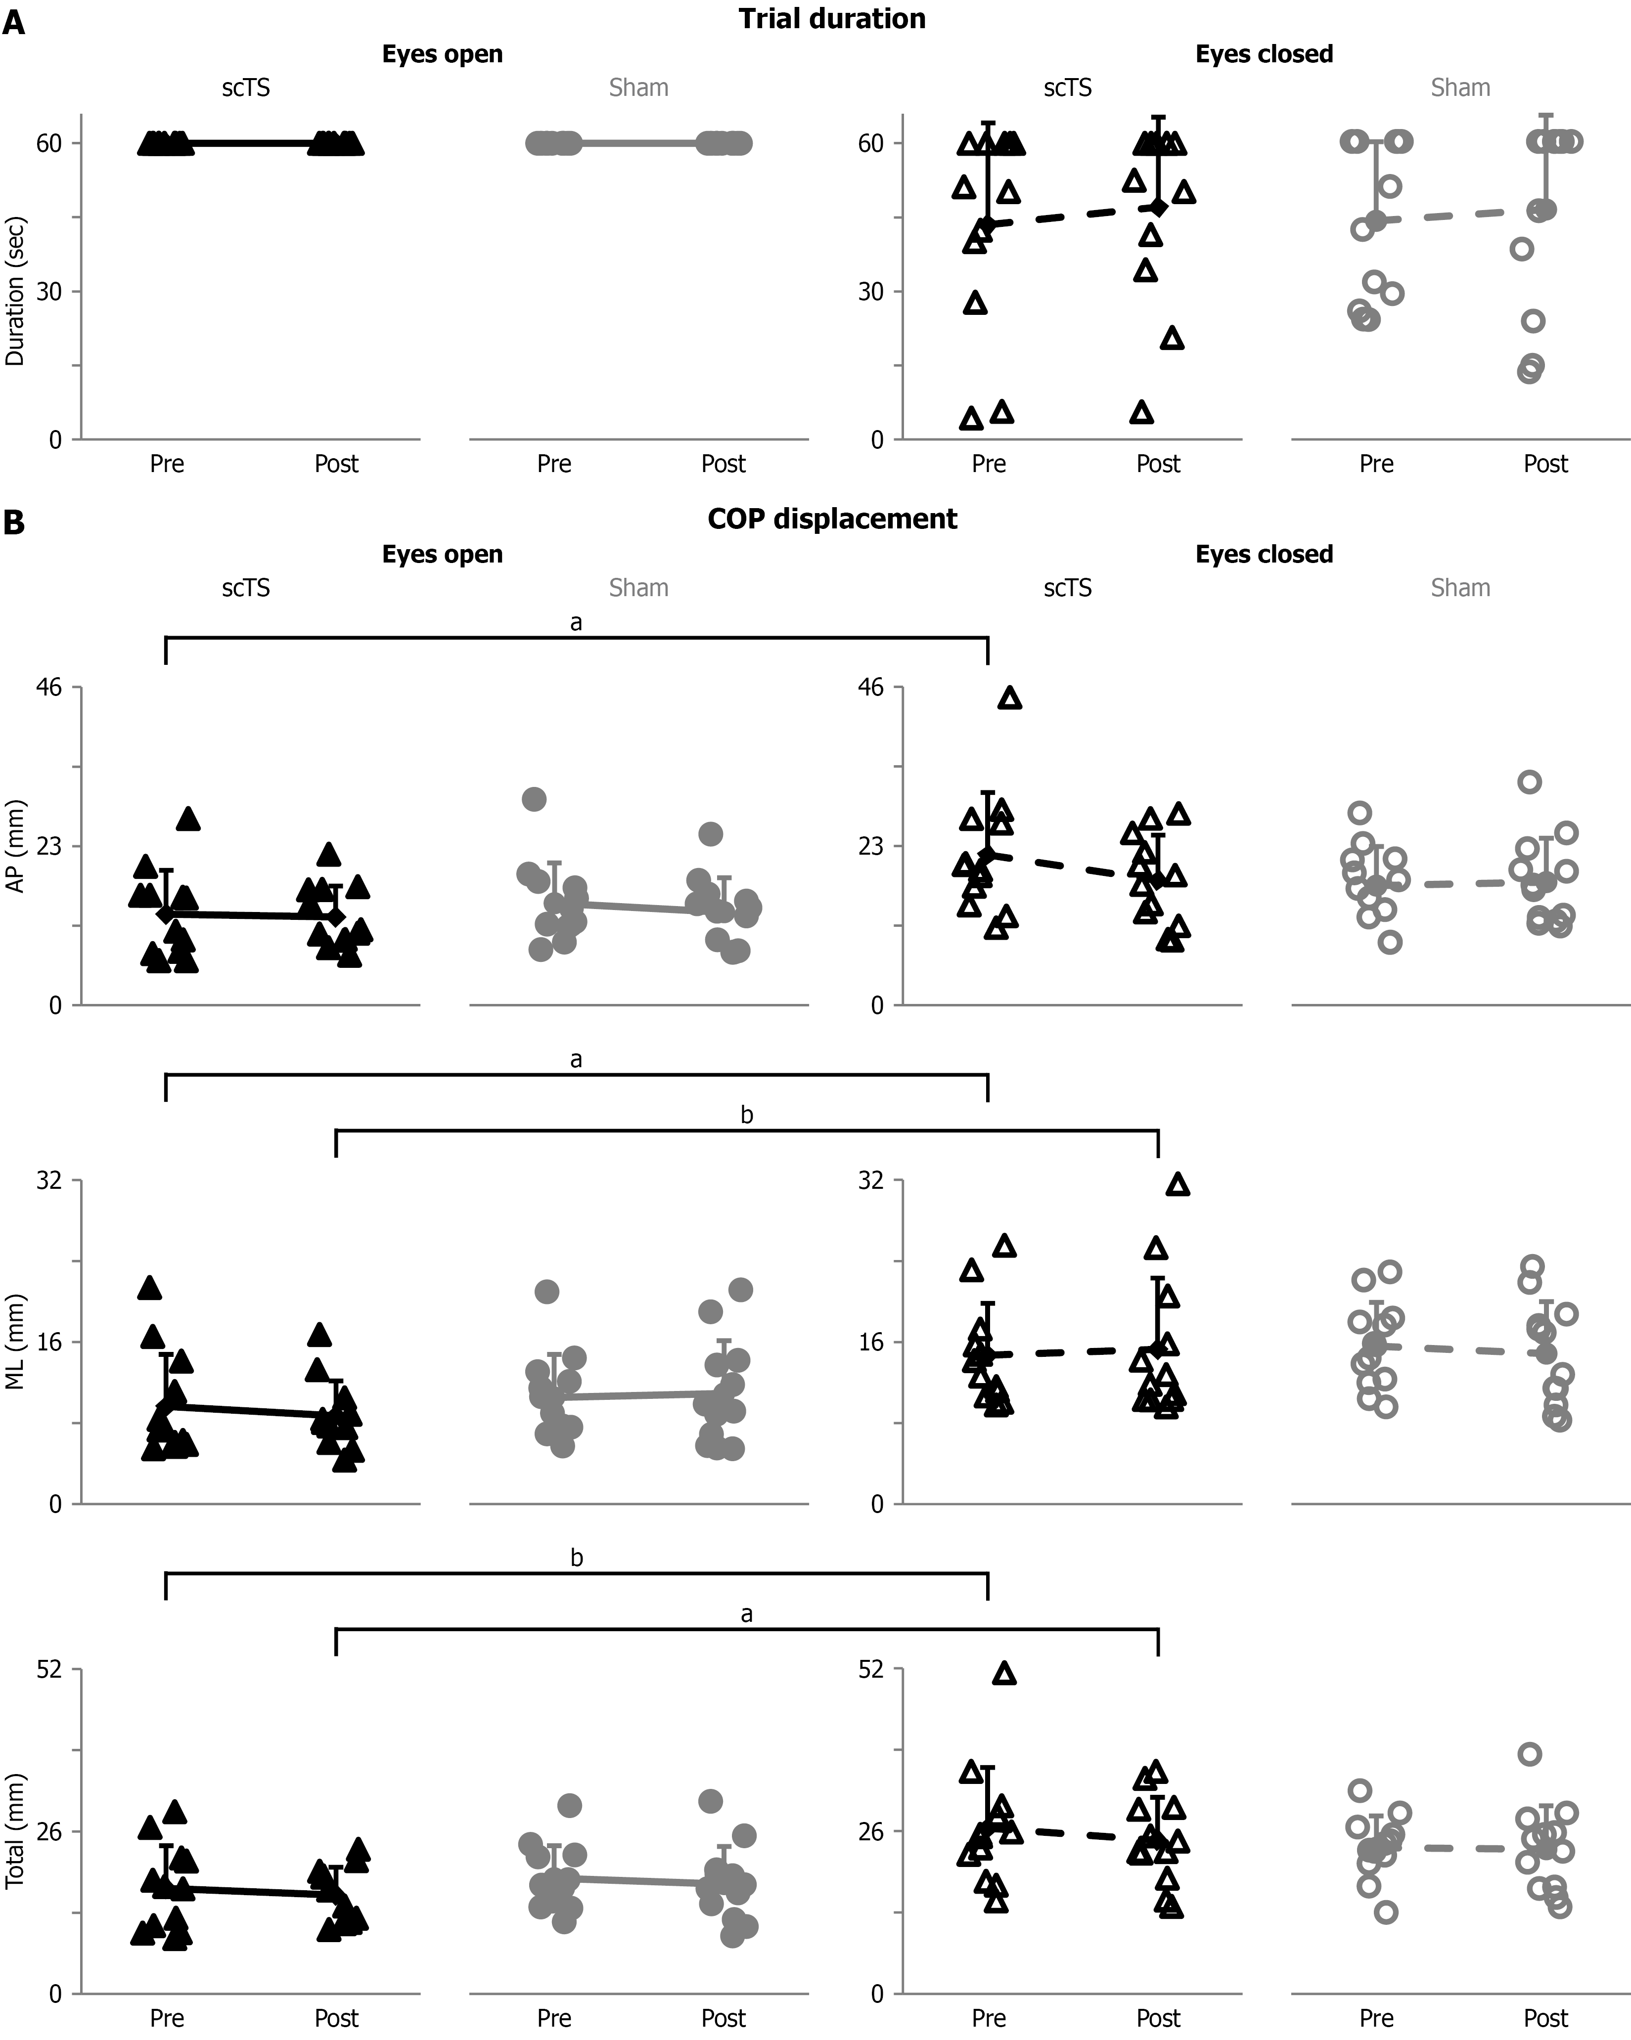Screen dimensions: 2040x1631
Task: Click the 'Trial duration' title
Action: click(x=831, y=19)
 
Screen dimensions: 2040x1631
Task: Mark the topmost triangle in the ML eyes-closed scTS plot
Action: click(x=1178, y=1185)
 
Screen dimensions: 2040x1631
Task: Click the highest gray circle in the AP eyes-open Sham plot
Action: click(x=535, y=799)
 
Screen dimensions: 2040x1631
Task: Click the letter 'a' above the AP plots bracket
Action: click(x=577, y=623)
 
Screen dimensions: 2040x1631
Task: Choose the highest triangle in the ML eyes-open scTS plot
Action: click(x=149, y=1288)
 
